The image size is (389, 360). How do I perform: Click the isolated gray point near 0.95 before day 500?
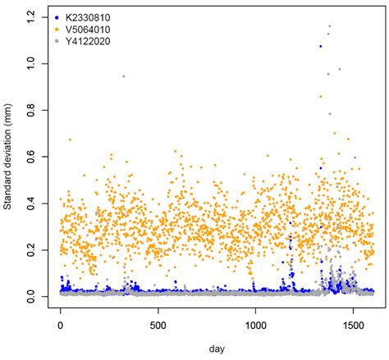[123, 76]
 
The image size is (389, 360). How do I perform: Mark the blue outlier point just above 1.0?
[320, 47]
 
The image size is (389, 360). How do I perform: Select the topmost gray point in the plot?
[329, 26]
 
